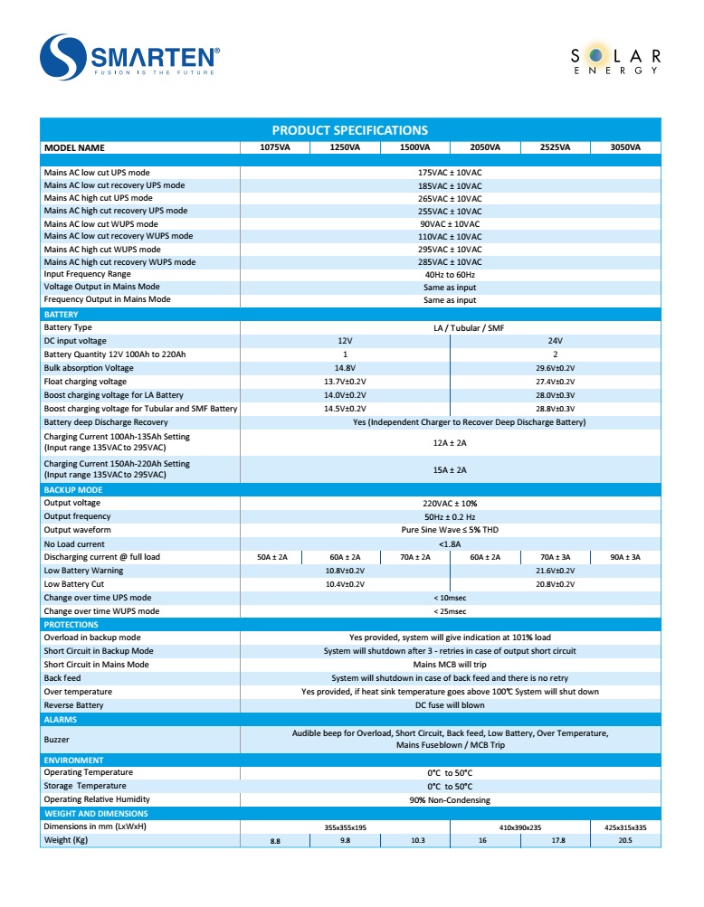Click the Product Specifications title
point(350,130)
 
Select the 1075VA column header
point(275,147)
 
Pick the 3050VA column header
point(625,147)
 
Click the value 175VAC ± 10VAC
point(450,173)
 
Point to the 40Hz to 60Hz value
point(450,275)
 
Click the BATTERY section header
point(62,315)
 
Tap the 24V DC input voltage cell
point(555,341)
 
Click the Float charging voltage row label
point(85,382)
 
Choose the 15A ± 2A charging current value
point(450,470)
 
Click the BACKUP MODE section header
point(73,490)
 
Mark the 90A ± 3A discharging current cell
point(625,558)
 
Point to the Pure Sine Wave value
point(450,531)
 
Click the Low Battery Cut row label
point(74,584)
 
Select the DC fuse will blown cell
point(450,705)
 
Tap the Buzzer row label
point(57,740)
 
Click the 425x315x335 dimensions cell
point(625,827)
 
